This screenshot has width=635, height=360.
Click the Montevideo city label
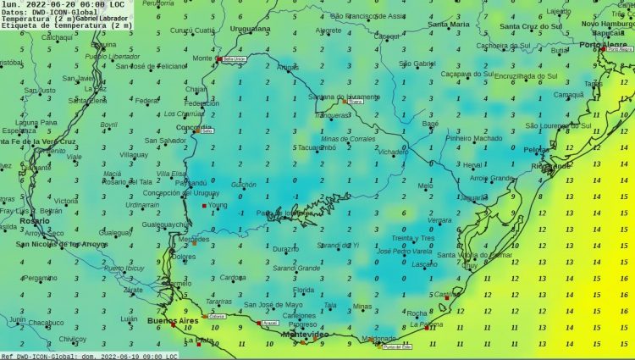305,335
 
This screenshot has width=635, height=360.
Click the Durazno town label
285,249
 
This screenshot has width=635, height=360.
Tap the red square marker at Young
203,206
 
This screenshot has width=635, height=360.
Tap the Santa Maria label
448,25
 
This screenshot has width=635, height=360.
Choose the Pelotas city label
537,149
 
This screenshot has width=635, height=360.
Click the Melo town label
424,186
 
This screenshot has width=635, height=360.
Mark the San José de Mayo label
273,304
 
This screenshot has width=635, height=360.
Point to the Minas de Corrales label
349,138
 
